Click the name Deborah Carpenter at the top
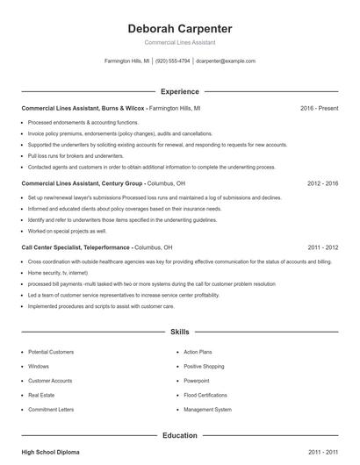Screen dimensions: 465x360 tap(179, 28)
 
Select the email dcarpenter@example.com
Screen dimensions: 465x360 tap(226, 61)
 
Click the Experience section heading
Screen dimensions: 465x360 tap(179, 91)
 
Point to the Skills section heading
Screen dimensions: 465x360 tap(179, 333)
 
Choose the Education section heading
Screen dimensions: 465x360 tap(179, 435)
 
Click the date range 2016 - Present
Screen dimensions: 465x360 tap(319, 108)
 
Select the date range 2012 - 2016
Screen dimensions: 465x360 tap(322, 184)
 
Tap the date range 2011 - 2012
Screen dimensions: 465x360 tap(322, 247)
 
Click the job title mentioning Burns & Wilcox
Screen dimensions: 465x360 tap(83, 108)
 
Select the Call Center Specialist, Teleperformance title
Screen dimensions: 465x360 tap(76, 247)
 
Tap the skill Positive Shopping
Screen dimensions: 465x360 tap(204, 366)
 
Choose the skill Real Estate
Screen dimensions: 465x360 tap(42, 395)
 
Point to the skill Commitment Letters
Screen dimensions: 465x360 tap(51, 409)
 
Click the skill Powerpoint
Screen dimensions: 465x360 tap(197, 381)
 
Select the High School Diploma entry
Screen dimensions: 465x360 tap(50, 452)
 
